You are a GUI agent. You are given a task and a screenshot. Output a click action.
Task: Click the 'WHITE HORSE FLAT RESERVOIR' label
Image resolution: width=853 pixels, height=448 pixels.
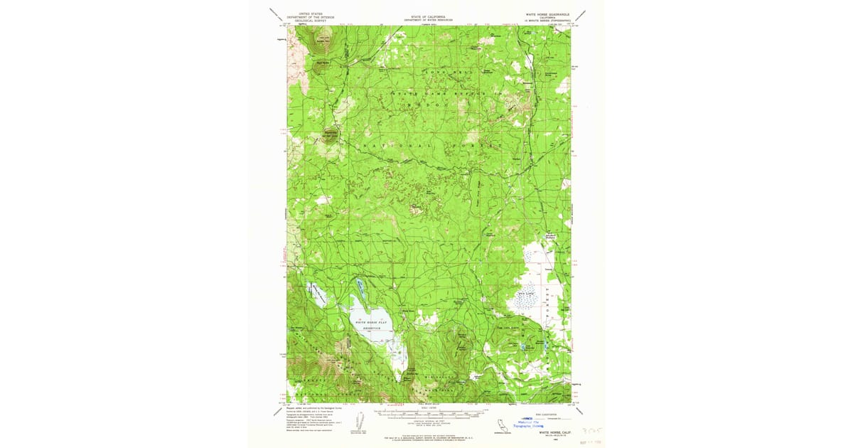(x=372, y=324)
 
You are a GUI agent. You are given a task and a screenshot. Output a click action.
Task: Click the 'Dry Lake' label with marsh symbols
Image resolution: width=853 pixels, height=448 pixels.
(x=525, y=292)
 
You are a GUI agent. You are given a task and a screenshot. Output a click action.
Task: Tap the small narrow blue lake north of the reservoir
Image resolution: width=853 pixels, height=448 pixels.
(x=361, y=288)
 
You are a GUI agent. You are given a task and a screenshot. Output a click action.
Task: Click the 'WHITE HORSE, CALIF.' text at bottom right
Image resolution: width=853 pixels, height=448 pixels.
(x=554, y=432)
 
